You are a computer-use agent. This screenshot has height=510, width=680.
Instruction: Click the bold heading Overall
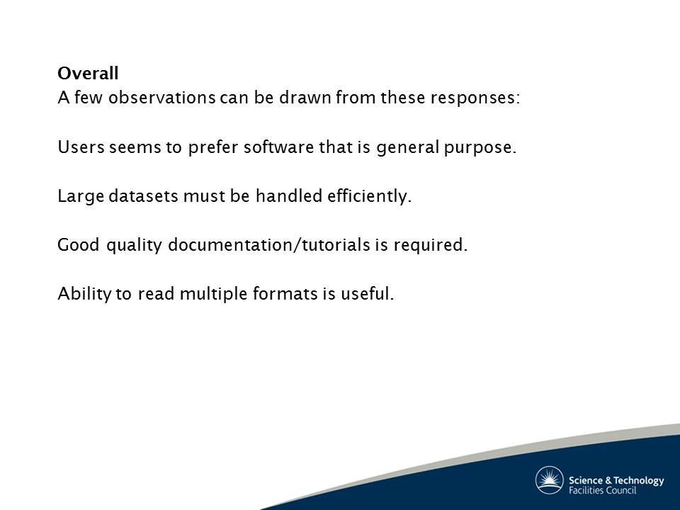88,73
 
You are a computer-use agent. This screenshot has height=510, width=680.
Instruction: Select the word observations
161,98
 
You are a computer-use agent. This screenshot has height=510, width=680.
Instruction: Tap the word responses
475,98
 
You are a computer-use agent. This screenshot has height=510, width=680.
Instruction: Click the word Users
81,147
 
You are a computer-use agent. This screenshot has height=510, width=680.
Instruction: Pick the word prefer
213,147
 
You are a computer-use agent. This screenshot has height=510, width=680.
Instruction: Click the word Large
81,196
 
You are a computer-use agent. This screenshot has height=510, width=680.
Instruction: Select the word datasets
144,196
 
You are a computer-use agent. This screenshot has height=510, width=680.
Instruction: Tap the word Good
79,245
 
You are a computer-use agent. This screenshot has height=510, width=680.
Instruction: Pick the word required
431,246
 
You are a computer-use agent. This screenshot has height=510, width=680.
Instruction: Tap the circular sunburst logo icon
550,480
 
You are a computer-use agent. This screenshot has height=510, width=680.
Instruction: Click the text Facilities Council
602,490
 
